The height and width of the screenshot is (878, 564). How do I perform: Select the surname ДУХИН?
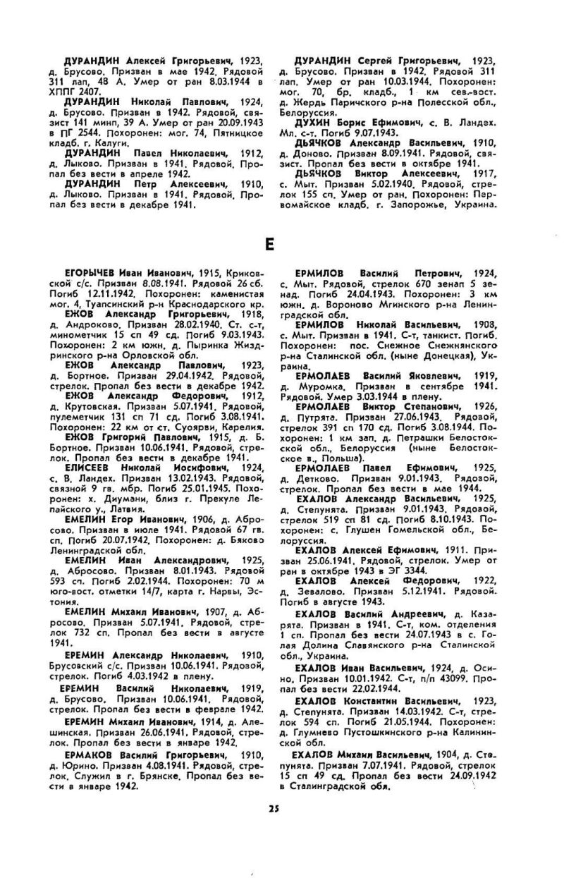click(316, 122)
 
